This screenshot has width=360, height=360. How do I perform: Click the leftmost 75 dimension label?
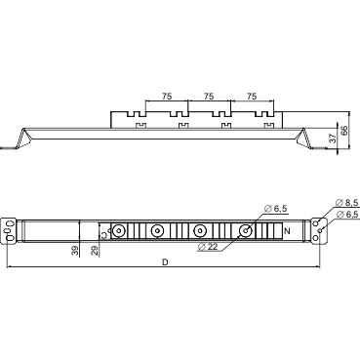point(167,97)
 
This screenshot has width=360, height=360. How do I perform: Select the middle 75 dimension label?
point(209,97)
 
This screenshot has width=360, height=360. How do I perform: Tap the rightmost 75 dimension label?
point(251,97)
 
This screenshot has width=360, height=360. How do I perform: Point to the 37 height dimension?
point(333,140)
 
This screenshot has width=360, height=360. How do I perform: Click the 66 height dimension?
point(344,129)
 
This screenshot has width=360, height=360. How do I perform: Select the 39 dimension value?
point(76,251)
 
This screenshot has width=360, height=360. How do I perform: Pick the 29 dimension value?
point(95,251)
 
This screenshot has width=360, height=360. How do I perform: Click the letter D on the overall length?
point(165,261)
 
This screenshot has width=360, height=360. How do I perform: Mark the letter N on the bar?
point(285,231)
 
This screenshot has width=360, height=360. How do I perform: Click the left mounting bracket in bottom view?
point(10,230)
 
